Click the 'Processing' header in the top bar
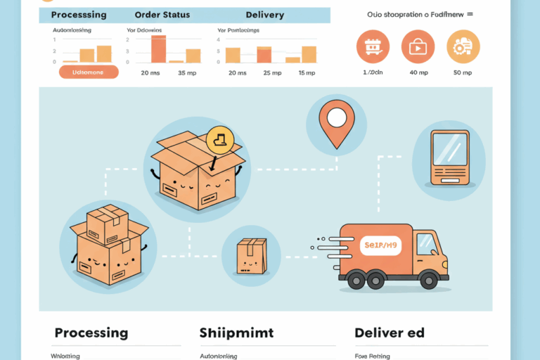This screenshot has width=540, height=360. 79,15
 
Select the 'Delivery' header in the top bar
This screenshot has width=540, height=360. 264,15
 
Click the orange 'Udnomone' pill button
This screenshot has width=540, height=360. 89,72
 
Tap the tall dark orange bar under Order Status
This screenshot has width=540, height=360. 159,49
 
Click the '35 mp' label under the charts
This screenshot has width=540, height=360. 187,72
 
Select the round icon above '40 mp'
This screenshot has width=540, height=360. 418,46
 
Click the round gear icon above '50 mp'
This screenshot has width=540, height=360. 463,46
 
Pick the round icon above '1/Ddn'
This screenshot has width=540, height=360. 373,46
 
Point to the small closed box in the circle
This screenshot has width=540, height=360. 252,254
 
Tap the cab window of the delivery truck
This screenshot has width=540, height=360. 426,244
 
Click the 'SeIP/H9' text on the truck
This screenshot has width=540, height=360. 380,246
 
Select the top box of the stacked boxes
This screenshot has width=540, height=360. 106,224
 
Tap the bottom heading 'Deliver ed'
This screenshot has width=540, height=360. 390,333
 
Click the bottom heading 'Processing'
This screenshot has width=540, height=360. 91,333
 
